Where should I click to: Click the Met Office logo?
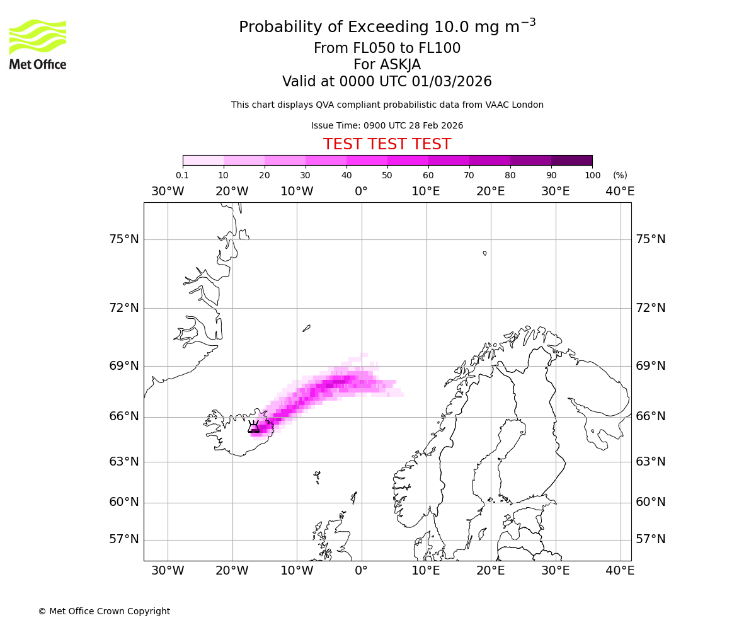coord(38,44)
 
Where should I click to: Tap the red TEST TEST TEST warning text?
coord(387,144)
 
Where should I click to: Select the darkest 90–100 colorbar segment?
coord(571,160)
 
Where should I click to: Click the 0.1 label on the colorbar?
coord(182,175)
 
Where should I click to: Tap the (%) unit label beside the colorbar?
coord(620,175)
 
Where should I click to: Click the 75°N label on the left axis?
coord(123,239)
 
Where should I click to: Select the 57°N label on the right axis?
coord(651,539)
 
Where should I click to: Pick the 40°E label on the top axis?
coord(620,192)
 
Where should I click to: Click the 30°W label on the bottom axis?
coord(168,571)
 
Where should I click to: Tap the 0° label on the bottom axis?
coord(361,571)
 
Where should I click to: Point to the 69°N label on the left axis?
coord(123,366)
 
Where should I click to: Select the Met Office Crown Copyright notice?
coord(104,611)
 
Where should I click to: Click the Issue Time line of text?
coord(387,125)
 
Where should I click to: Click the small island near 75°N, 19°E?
coord(484,253)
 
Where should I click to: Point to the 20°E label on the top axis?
coord(490,192)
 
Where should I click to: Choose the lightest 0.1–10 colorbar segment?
coord(203,160)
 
